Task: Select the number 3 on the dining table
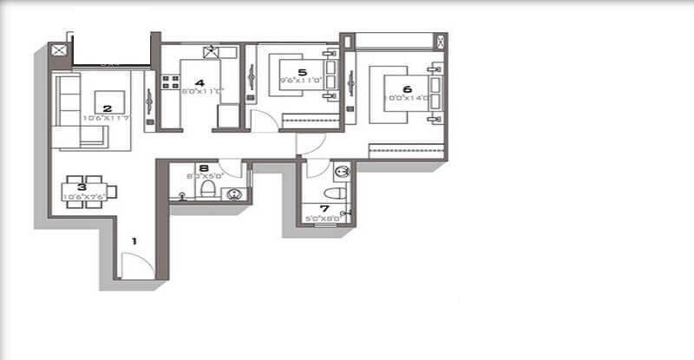(82, 187)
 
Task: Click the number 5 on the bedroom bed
(303, 73)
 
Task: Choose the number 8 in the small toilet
(203, 169)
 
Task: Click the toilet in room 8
(208, 189)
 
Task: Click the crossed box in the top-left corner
(59, 50)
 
